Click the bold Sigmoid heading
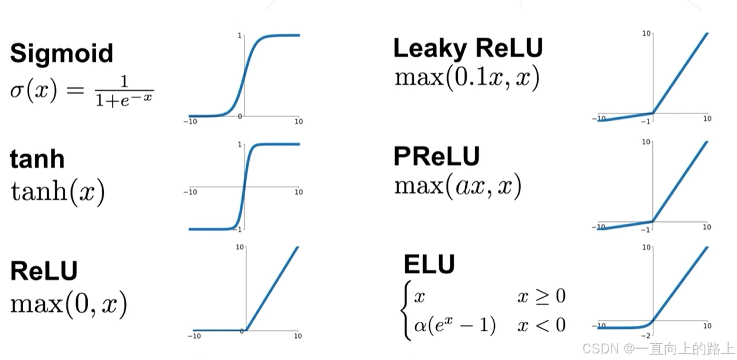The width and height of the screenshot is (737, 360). (x=62, y=53)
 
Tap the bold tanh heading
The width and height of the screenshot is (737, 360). (x=37, y=159)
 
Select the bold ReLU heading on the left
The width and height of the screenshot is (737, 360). (x=44, y=271)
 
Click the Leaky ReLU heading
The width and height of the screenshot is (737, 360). (x=468, y=48)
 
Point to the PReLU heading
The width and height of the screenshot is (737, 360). (x=436, y=157)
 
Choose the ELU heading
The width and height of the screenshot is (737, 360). (x=429, y=264)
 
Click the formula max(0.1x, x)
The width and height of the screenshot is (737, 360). (x=467, y=78)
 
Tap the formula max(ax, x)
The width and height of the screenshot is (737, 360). (x=458, y=186)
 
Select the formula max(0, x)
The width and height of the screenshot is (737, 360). (x=69, y=305)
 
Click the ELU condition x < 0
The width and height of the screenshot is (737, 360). (x=541, y=325)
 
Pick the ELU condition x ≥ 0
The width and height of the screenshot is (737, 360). (x=541, y=296)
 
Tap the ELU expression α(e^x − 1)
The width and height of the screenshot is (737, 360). (x=455, y=325)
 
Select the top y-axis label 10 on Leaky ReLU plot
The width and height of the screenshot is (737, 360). (x=646, y=33)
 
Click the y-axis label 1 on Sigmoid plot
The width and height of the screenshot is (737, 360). (x=240, y=36)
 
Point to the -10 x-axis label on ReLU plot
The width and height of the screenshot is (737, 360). (x=194, y=337)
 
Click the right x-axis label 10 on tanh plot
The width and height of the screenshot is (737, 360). (x=298, y=192)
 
